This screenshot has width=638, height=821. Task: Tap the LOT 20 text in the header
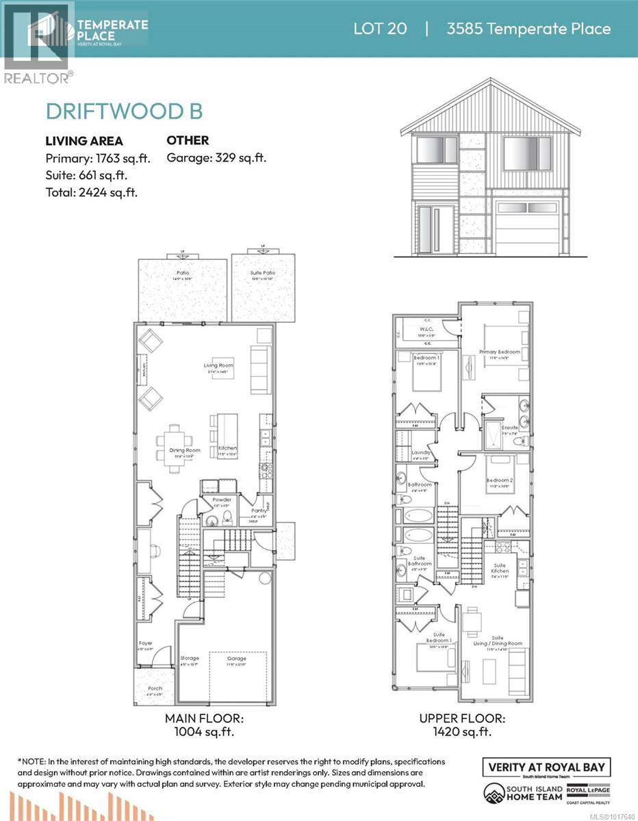tap(380, 29)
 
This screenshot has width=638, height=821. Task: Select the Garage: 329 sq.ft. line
tap(216, 157)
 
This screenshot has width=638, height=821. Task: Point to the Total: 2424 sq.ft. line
tap(91, 192)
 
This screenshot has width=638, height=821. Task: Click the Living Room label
tap(218, 365)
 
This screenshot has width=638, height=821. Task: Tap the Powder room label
tap(222, 499)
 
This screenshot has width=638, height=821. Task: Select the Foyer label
tap(145, 643)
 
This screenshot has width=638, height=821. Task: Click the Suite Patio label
tap(263, 273)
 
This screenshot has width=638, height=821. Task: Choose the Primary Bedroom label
tap(499, 352)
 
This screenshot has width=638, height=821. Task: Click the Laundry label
tap(420, 453)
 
